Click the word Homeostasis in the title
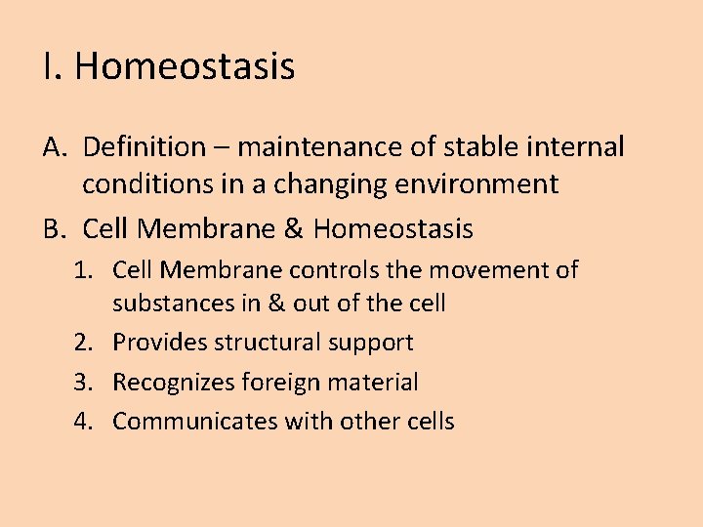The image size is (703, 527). pos(185,67)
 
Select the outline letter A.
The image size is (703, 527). pos(55,147)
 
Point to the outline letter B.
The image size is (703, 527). pos(55,229)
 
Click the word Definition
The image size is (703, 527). pos(145,147)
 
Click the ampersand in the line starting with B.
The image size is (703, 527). pos(293,229)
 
